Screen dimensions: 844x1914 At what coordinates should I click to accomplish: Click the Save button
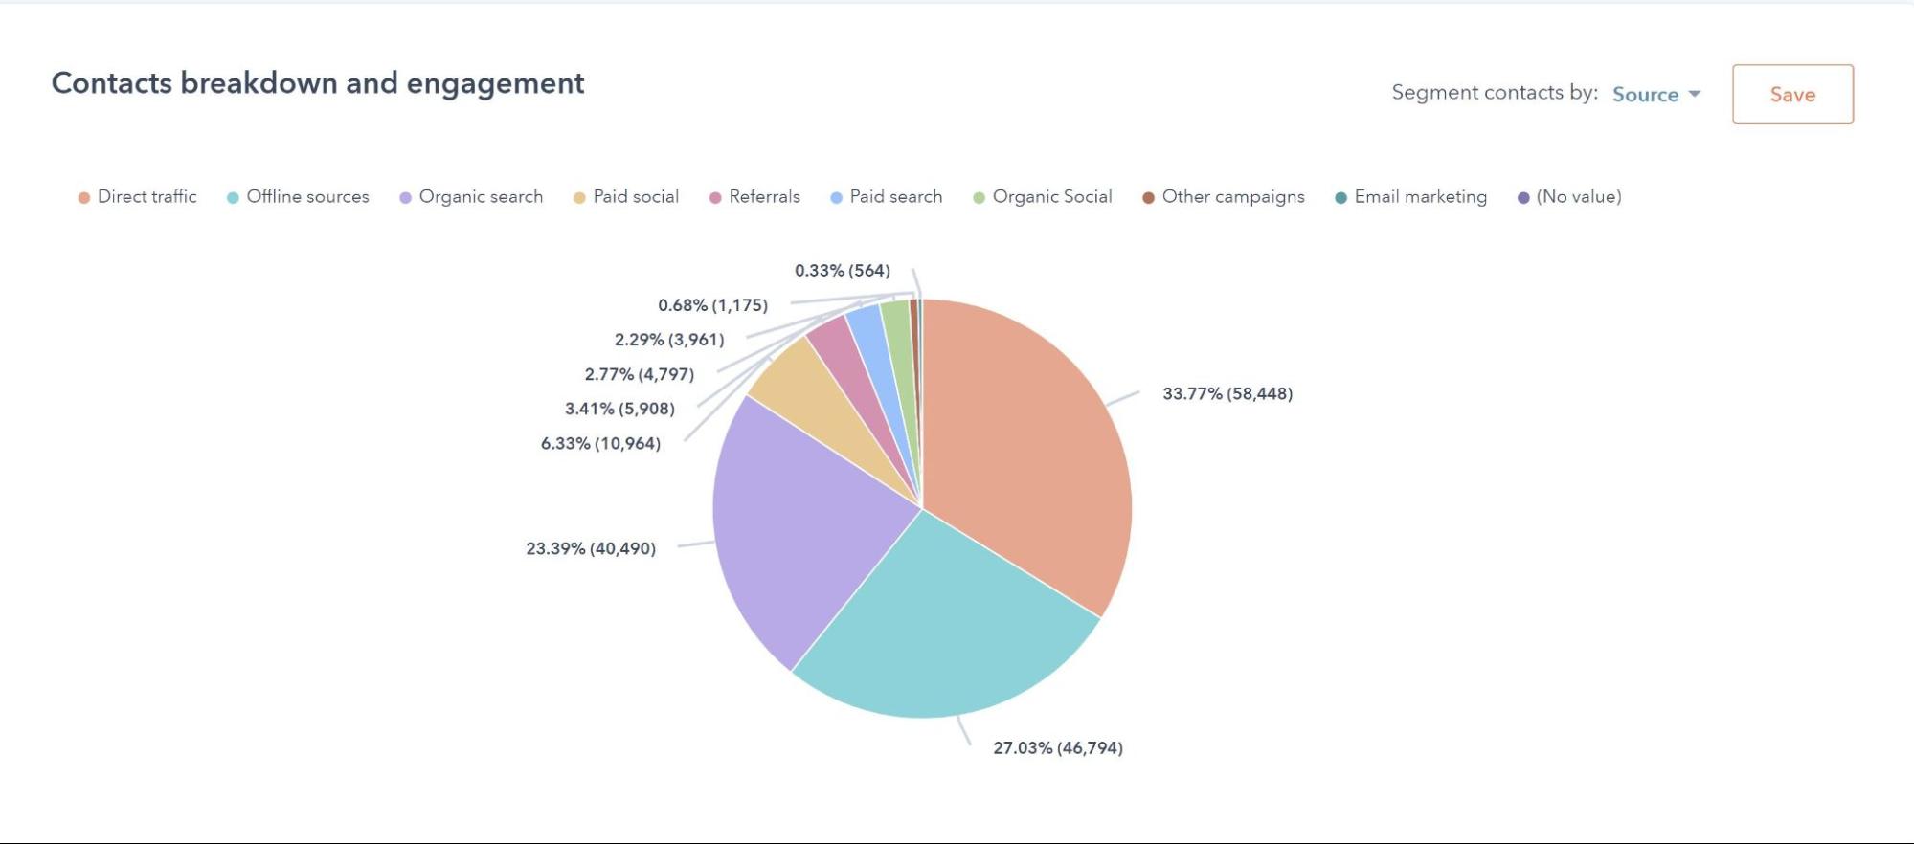(1792, 94)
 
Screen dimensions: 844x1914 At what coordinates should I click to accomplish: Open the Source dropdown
(1655, 94)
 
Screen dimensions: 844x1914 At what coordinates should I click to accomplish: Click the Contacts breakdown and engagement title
(317, 83)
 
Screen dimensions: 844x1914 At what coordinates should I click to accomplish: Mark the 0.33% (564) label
(843, 271)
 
